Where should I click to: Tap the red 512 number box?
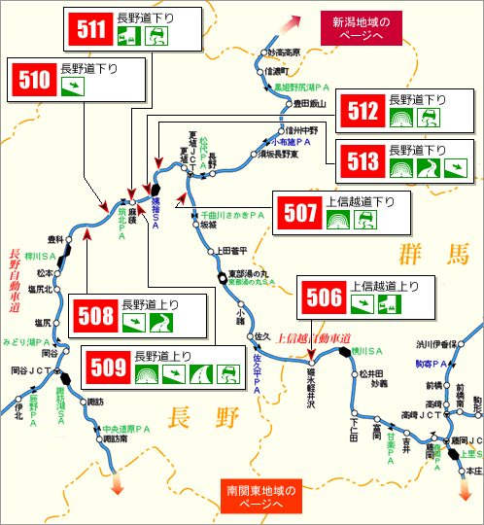363,110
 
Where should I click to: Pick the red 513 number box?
363,160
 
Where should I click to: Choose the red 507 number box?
299,213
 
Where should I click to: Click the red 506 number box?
325,297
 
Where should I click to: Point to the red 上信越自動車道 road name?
313,338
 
